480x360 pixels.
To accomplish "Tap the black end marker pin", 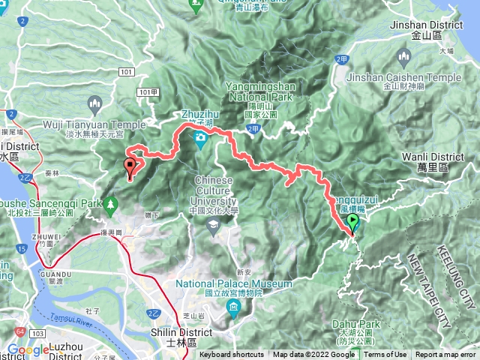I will [x=130, y=167].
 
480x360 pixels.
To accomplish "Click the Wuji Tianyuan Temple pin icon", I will [x=95, y=103].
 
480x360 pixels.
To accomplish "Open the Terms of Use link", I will [x=385, y=355].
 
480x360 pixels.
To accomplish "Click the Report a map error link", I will [x=445, y=355].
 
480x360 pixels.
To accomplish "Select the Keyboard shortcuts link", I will [x=232, y=355].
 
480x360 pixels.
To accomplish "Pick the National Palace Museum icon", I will [x=235, y=308].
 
